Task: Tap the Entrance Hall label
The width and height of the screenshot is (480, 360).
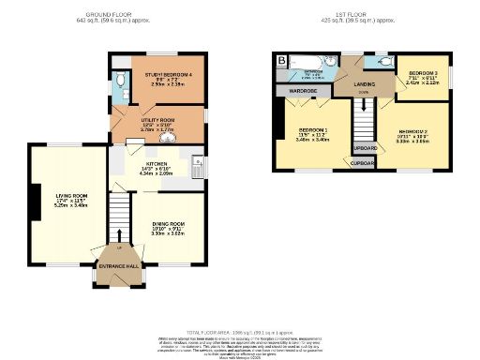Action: tap(120, 266)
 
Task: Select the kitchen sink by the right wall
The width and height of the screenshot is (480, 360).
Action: tap(197, 167)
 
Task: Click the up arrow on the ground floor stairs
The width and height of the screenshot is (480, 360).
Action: tap(119, 234)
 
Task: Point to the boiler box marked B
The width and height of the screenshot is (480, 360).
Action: tap(281, 61)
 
